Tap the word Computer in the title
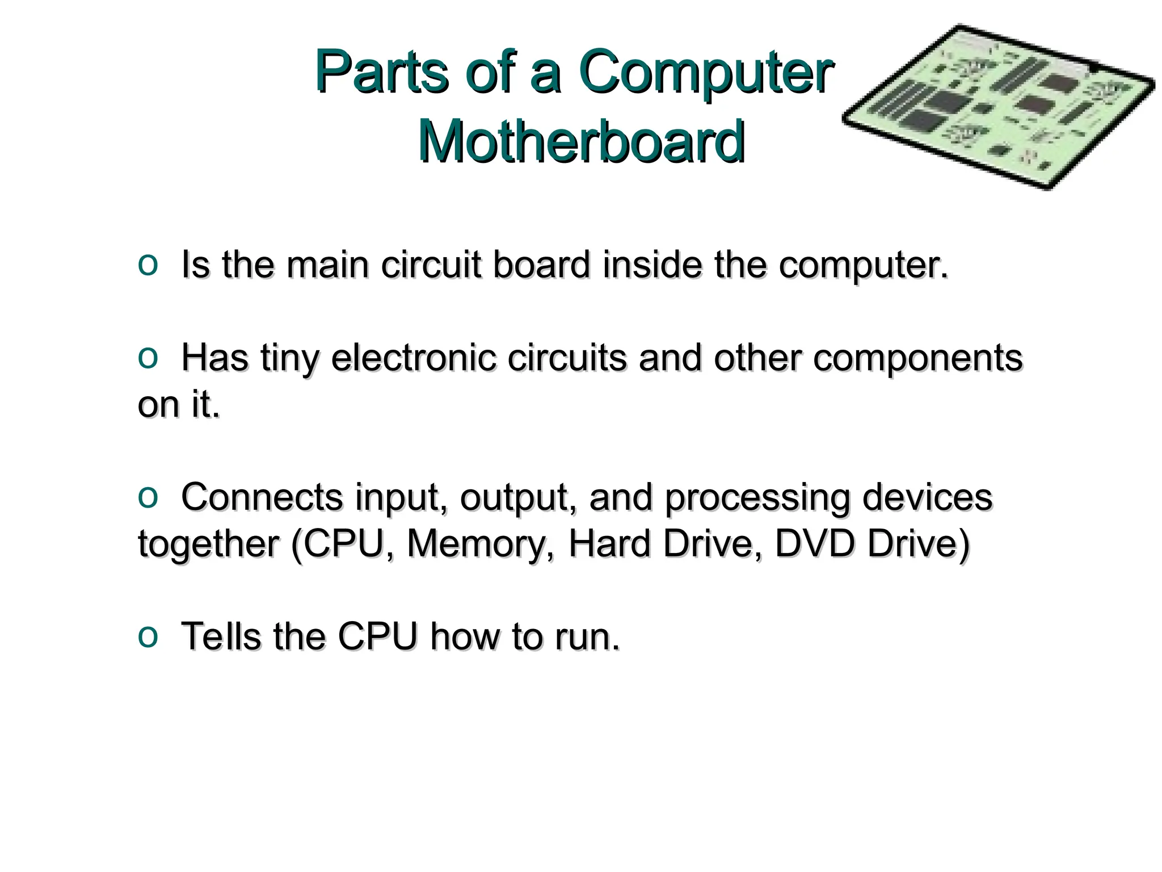706,73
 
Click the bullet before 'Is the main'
148,265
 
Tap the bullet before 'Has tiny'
148,358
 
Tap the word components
917,358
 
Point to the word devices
927,497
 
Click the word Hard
608,544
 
